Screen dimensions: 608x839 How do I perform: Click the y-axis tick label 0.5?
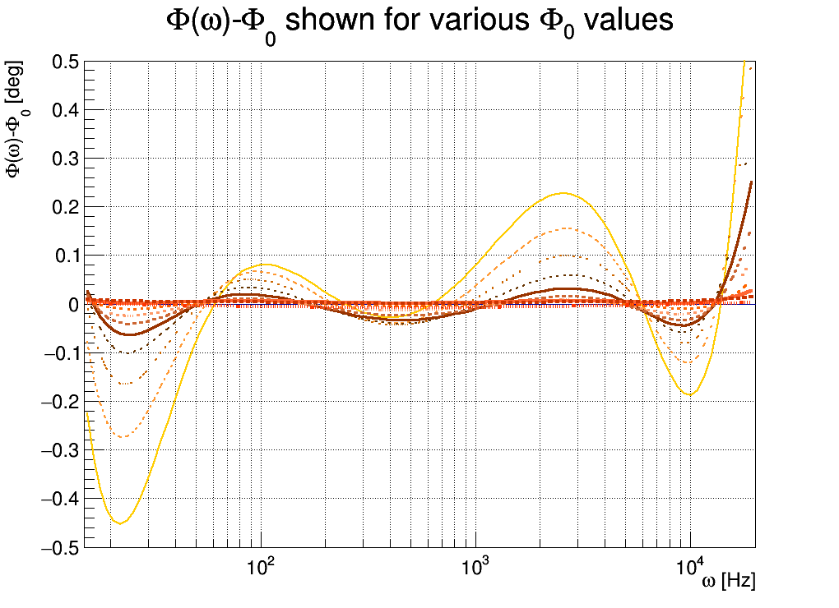[x=66, y=62]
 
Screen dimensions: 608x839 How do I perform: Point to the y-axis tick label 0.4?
[x=66, y=110]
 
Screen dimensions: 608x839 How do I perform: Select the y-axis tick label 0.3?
[x=66, y=159]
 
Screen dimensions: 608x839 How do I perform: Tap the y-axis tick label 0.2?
[x=66, y=207]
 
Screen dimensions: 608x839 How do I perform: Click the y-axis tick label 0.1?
[x=66, y=256]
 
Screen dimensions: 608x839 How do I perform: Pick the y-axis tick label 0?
[x=75, y=304]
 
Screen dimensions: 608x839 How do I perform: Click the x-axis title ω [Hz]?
[x=728, y=582]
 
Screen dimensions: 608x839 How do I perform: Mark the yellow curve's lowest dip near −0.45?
[x=120, y=523]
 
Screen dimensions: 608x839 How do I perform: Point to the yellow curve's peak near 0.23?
[x=563, y=193]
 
